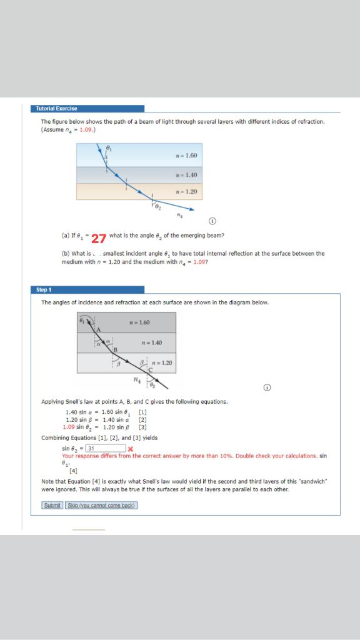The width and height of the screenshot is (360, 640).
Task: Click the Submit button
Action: (x=52, y=505)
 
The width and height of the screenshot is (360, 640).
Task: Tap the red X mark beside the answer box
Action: (x=130, y=449)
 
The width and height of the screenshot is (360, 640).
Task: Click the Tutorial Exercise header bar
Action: (x=87, y=108)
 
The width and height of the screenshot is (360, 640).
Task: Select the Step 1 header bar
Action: (x=87, y=290)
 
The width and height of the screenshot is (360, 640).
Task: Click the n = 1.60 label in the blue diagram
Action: (x=187, y=155)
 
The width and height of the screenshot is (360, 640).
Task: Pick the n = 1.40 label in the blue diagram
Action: (x=187, y=174)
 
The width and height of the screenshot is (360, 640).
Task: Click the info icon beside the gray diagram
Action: (x=267, y=387)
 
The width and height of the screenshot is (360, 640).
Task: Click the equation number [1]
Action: (x=143, y=412)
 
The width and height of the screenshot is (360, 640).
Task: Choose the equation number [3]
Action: (x=143, y=427)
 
